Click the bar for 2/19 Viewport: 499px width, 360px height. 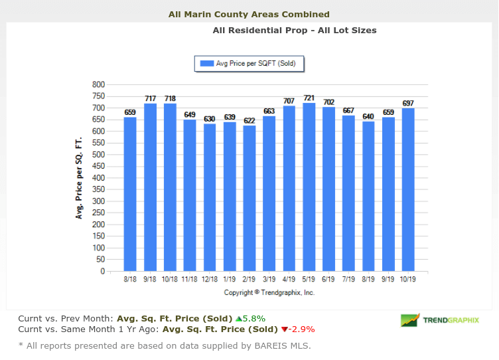tap(249, 199)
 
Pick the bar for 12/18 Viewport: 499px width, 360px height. tap(210, 197)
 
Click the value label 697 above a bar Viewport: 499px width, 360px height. tap(408, 103)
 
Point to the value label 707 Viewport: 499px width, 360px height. tap(289, 101)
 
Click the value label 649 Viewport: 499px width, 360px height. tap(190, 114)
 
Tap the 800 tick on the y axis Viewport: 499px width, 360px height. tap(99, 84)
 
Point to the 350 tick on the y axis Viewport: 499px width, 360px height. tap(99, 190)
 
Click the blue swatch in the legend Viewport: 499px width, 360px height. tap(205, 64)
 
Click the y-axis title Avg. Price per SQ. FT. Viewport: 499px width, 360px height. tap(79, 178)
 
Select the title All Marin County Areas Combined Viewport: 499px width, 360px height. tap(249, 14)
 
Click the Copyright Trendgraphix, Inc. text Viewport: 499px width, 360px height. tap(269, 292)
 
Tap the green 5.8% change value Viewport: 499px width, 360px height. tap(255, 318)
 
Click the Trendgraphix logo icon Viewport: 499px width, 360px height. tap(409, 320)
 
